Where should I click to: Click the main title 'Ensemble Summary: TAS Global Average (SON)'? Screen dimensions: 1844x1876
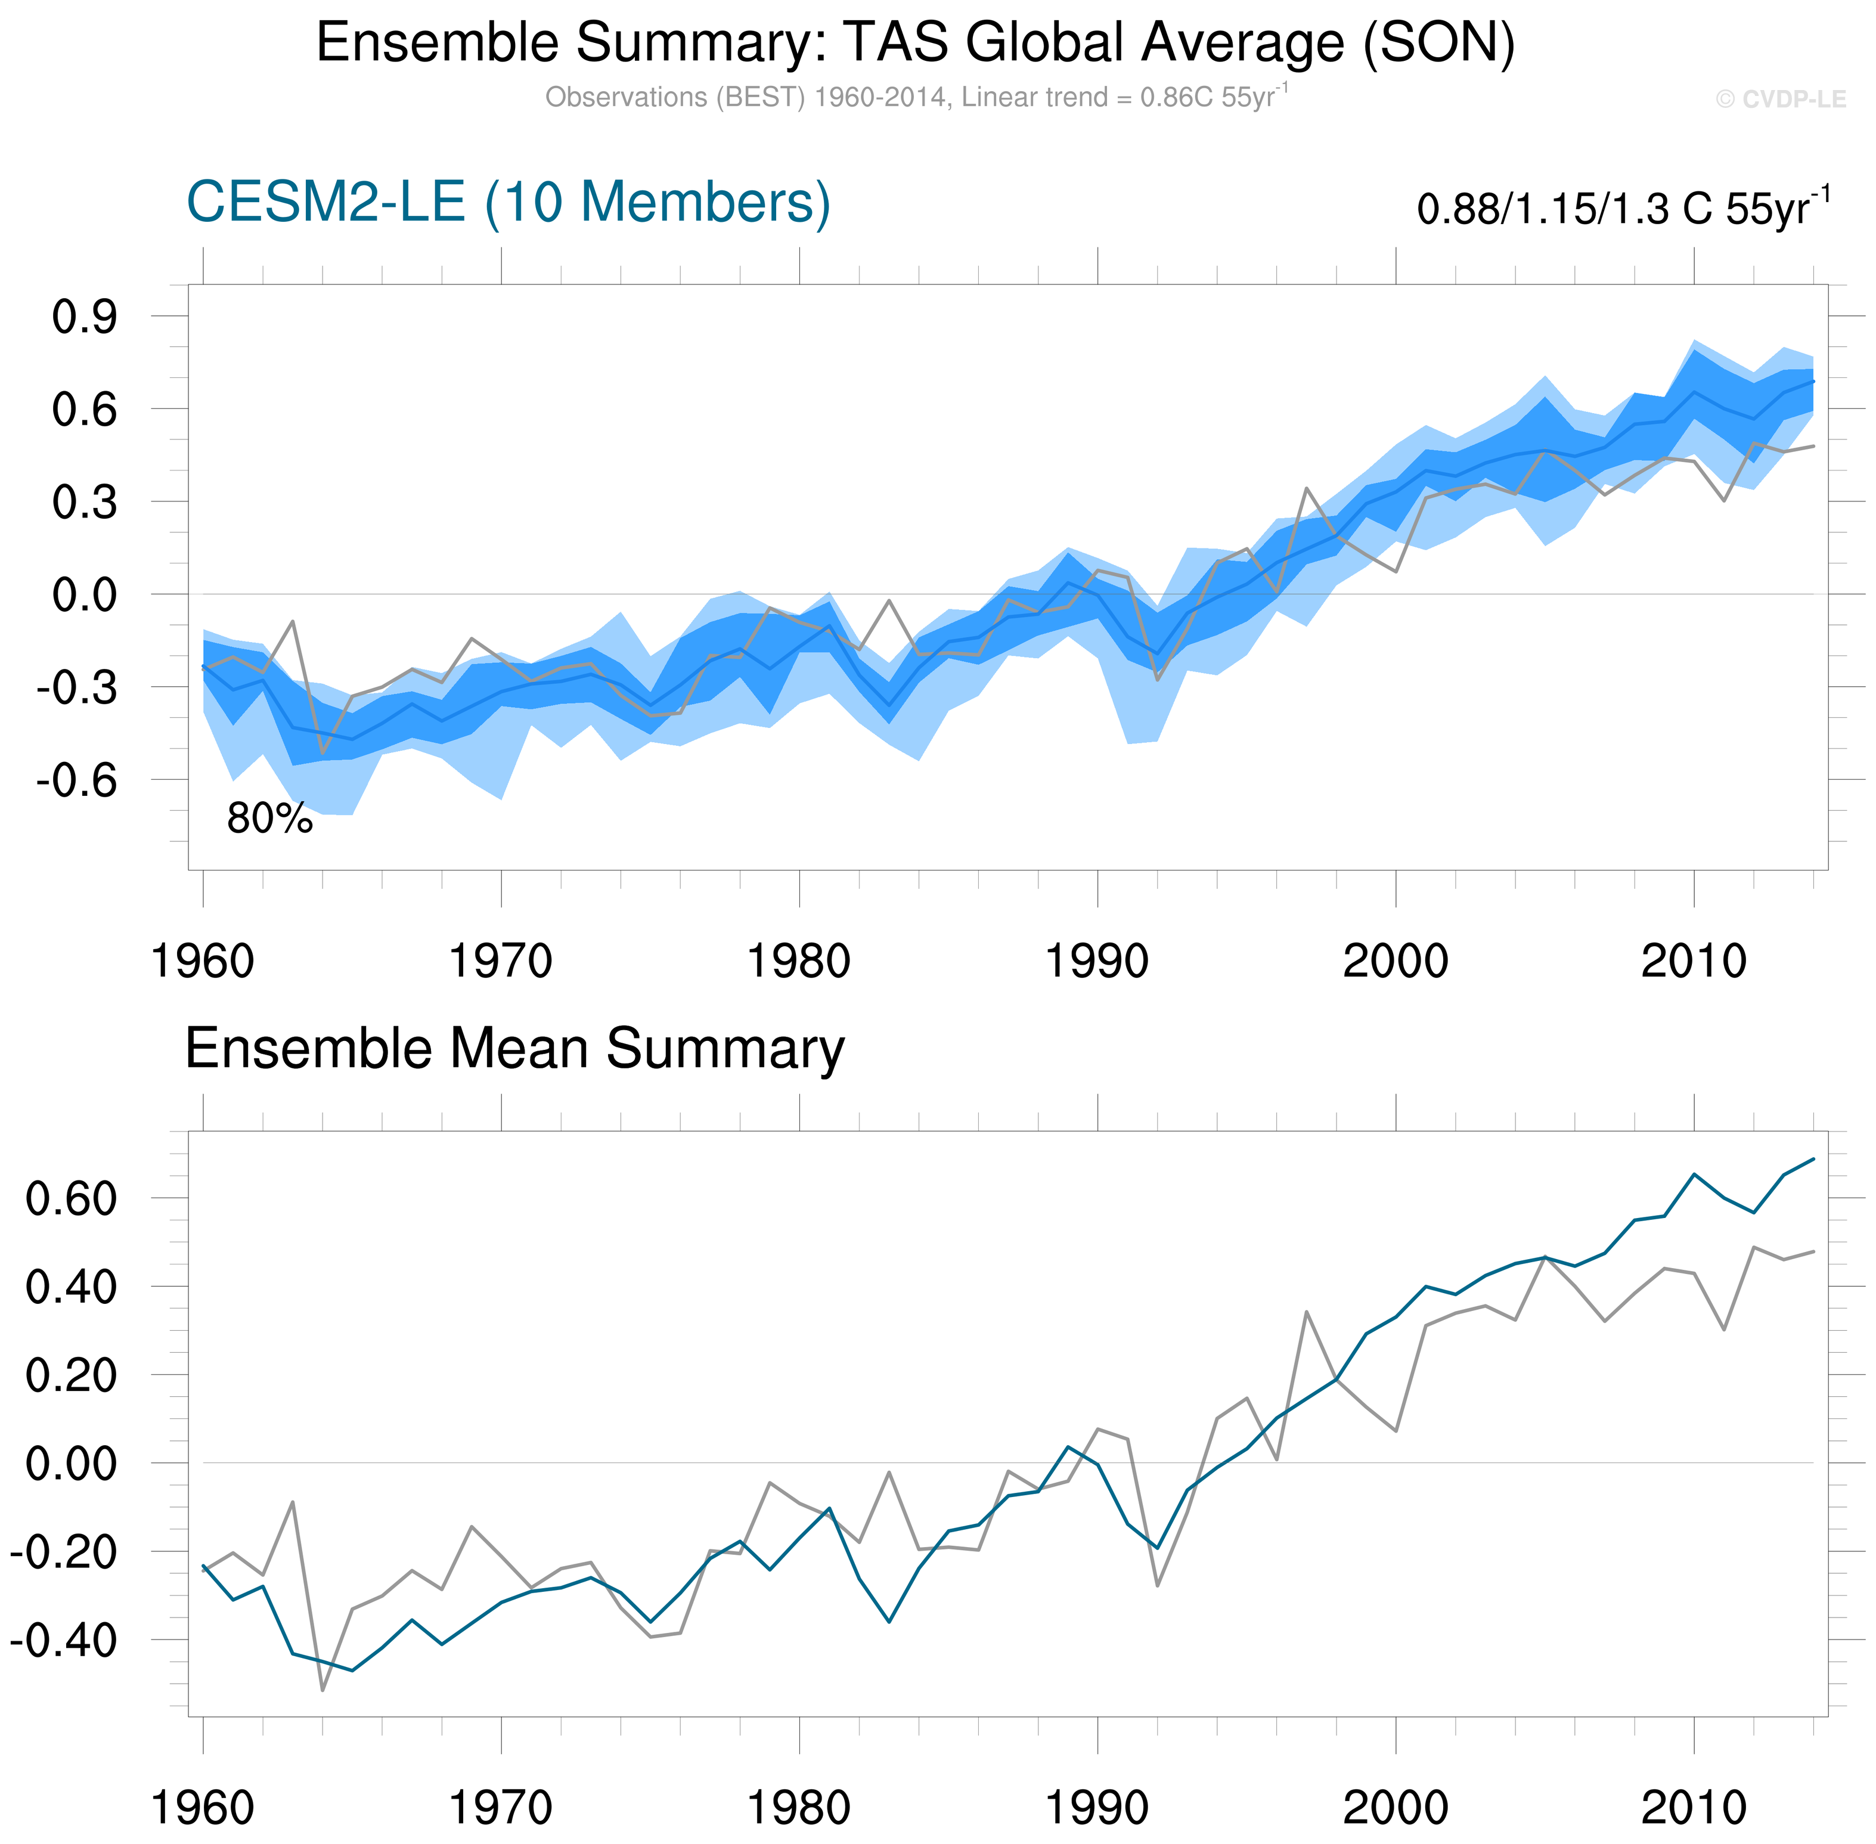(x=915, y=44)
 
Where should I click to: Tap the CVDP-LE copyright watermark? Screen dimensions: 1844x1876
(x=1780, y=100)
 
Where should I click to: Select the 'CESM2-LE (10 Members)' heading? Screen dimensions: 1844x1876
(x=508, y=203)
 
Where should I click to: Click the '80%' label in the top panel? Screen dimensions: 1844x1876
(x=269, y=819)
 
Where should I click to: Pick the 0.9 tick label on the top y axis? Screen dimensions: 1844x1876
(x=84, y=317)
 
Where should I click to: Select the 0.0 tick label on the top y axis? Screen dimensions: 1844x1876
(x=84, y=594)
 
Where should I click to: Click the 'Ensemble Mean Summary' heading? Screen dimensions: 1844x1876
(x=514, y=1049)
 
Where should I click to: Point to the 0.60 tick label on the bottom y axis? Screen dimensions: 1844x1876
(x=71, y=1199)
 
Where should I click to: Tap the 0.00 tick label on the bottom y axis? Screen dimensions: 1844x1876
(x=71, y=1464)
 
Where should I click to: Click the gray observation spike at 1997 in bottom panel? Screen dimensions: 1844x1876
(x=1307, y=1312)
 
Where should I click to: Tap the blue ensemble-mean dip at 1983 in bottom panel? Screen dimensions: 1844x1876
(x=889, y=1621)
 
